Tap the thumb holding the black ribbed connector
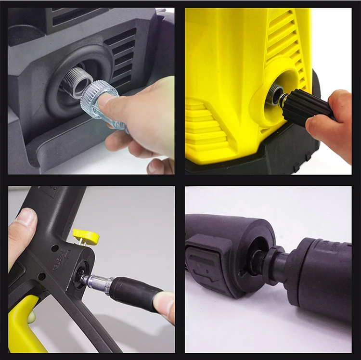click(320, 127)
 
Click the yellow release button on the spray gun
click(86, 236)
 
